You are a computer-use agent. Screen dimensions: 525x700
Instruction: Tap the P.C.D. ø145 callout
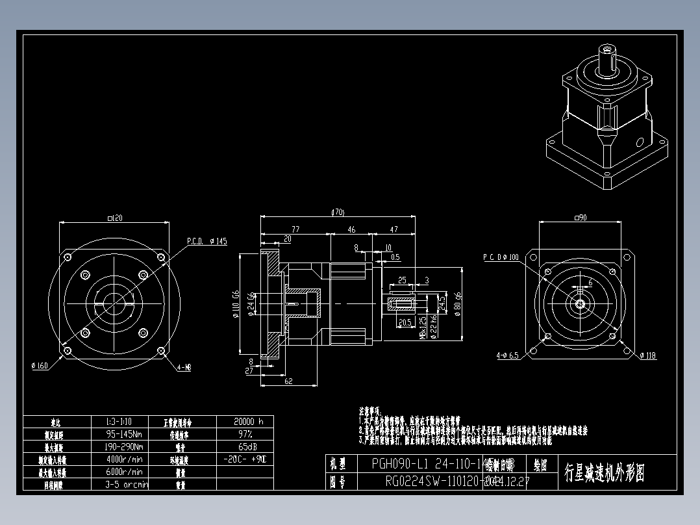[207, 241]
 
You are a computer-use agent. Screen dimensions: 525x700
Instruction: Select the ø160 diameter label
[40, 366]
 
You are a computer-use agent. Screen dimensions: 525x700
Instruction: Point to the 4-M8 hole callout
[184, 368]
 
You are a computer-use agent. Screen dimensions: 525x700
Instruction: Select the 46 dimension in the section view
[351, 229]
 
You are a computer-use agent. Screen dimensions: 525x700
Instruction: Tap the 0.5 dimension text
[395, 257]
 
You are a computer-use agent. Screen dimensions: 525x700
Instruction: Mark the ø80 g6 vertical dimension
[458, 303]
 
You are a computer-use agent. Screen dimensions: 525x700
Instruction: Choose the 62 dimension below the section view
[289, 381]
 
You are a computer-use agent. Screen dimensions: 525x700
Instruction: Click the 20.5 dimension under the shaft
[405, 322]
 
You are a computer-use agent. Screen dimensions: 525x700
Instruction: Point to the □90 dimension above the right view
[580, 218]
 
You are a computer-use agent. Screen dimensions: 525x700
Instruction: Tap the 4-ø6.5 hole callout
[507, 355]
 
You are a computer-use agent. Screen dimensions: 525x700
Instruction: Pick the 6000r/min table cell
[124, 472]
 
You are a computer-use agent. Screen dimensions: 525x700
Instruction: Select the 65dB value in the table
[245, 447]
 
